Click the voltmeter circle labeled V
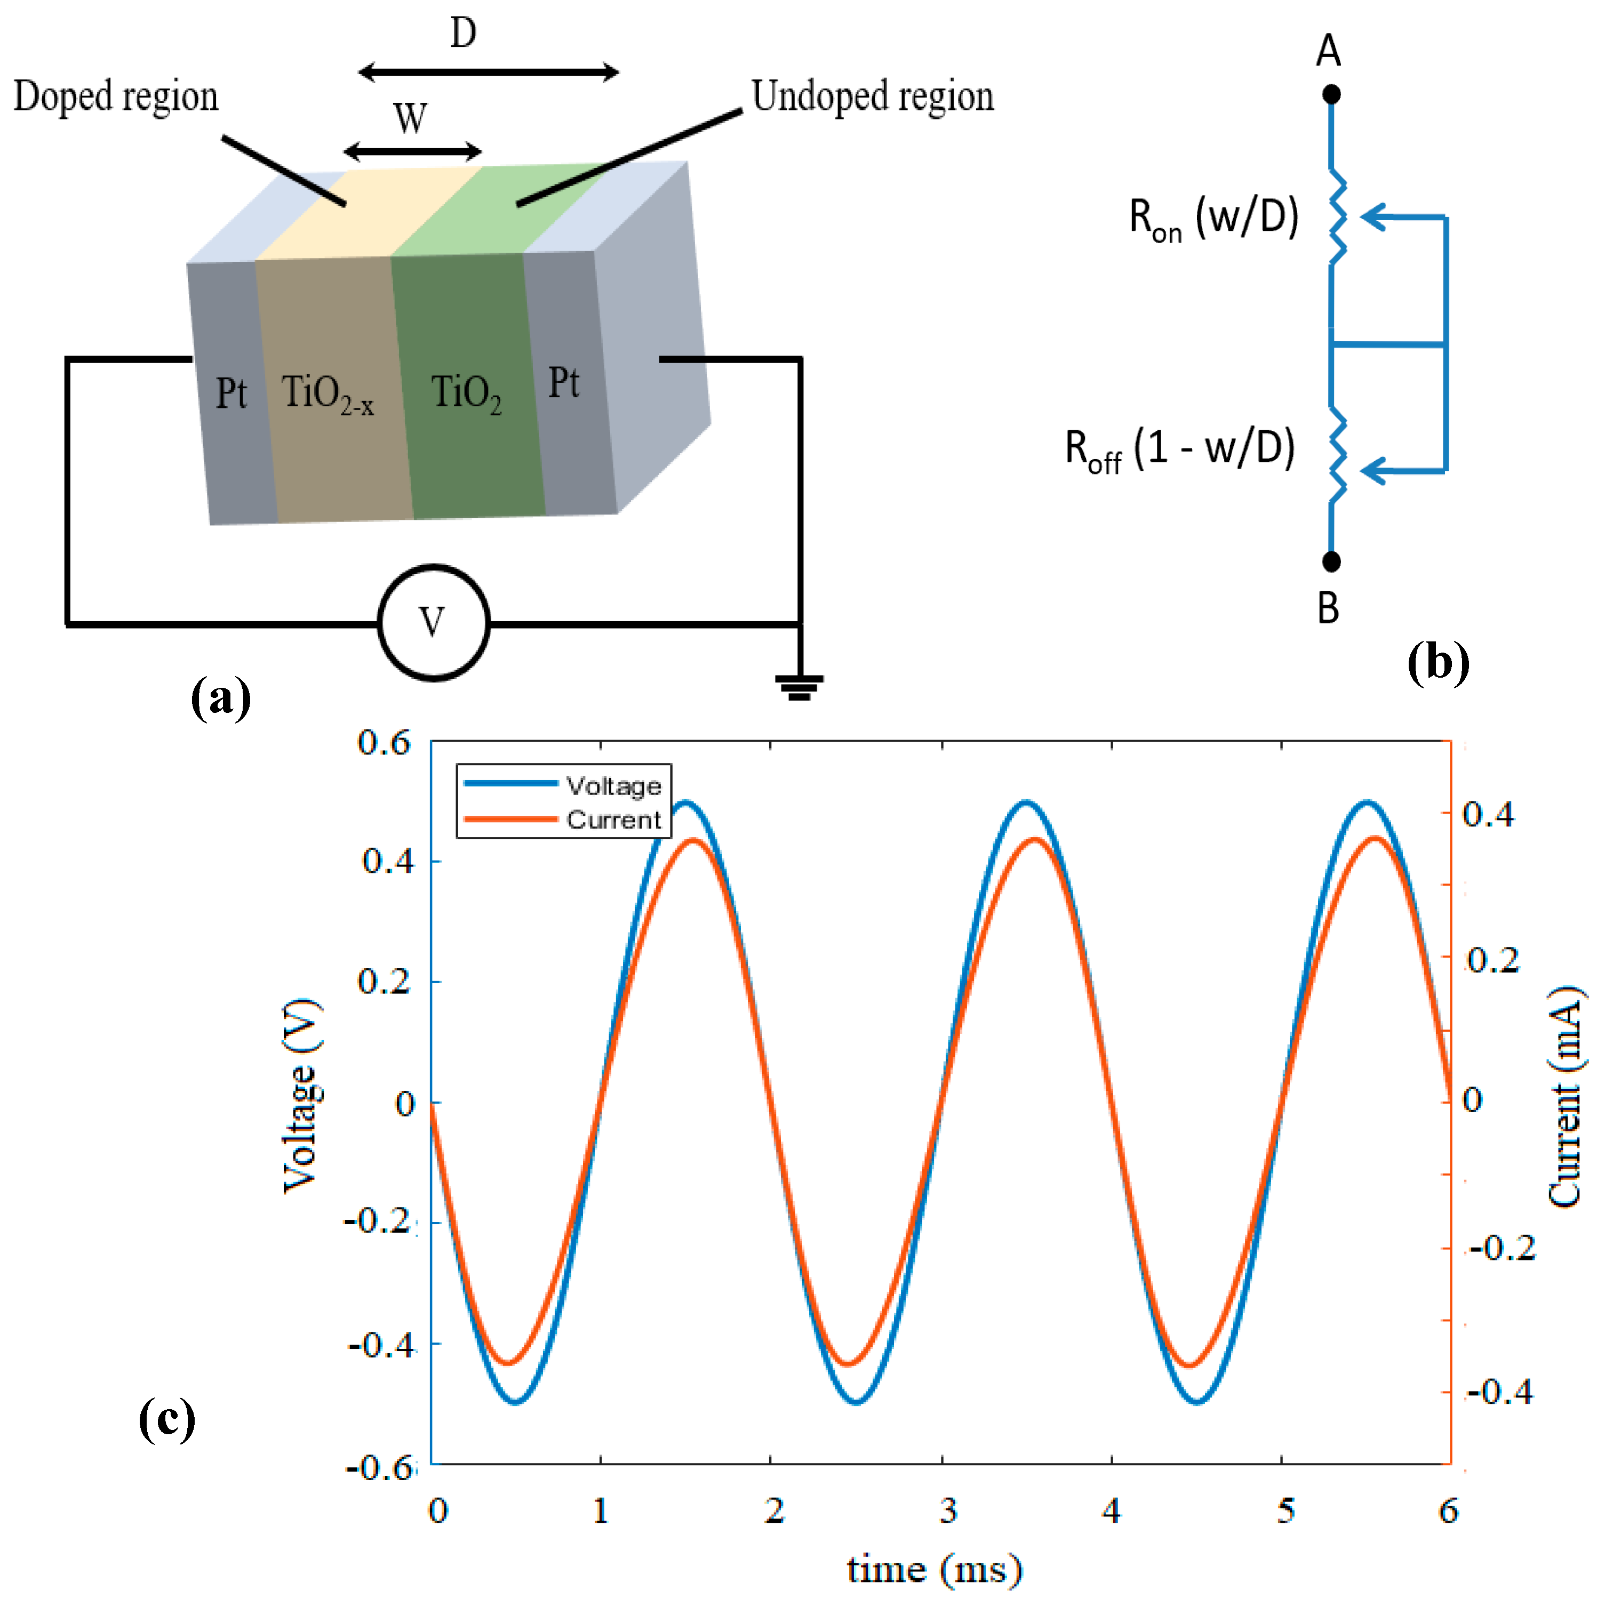tap(434, 622)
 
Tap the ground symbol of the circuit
tap(798, 686)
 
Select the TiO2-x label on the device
tap(327, 393)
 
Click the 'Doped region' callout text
tap(116, 97)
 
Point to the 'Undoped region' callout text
tap(872, 97)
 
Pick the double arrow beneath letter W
tap(412, 151)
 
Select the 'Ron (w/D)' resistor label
tap(1213, 219)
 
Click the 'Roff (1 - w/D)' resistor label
tap(1180, 450)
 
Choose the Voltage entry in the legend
tap(613, 785)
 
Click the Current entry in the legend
tap(613, 820)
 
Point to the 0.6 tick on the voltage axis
tap(385, 743)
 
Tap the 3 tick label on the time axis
tap(948, 1509)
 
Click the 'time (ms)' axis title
tap(933, 1570)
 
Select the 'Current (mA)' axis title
tap(1564, 1097)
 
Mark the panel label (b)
tap(1438, 663)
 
